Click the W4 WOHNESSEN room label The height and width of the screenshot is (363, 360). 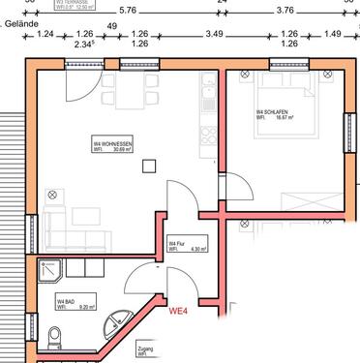pyautogui.click(x=113, y=144)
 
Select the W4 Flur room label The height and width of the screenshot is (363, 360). pyautogui.click(x=178, y=246)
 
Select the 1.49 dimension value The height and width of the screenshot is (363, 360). pyautogui.click(x=332, y=35)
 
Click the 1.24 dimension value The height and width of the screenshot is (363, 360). pyautogui.click(x=45, y=35)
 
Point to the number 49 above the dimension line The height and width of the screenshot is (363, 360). pyautogui.click(x=111, y=25)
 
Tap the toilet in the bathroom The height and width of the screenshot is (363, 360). pyautogui.click(x=54, y=338)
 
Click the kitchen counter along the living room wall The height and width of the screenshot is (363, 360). pyautogui.click(x=206, y=126)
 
